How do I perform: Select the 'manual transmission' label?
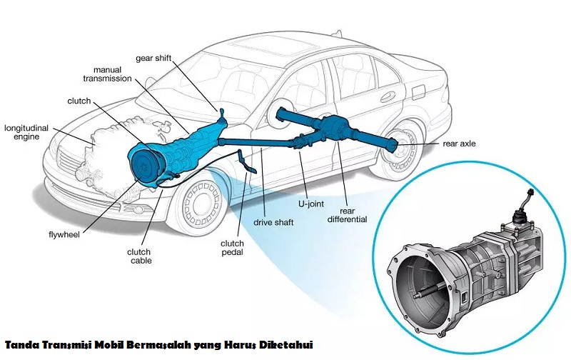point(107,74)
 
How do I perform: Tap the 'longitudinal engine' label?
point(26,132)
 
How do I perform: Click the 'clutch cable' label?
point(138,256)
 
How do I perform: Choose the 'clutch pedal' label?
point(233,248)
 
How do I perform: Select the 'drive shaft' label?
point(273,222)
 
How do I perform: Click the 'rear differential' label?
point(348,215)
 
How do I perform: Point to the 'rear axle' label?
point(459,144)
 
